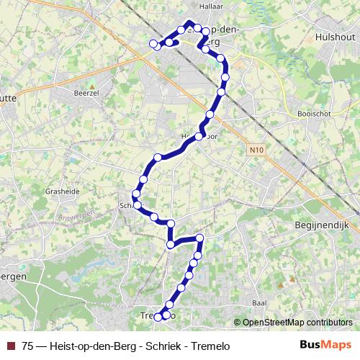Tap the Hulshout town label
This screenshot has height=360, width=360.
tap(335, 37)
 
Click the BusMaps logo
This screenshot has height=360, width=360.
tap(325, 346)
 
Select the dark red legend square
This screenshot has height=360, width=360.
tap(11, 346)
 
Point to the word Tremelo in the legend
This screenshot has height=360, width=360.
tap(209, 346)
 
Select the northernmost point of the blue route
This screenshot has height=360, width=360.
tap(189, 22)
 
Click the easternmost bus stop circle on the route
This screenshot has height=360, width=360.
tap(225, 76)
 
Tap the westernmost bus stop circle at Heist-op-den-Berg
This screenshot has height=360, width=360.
tap(153, 45)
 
